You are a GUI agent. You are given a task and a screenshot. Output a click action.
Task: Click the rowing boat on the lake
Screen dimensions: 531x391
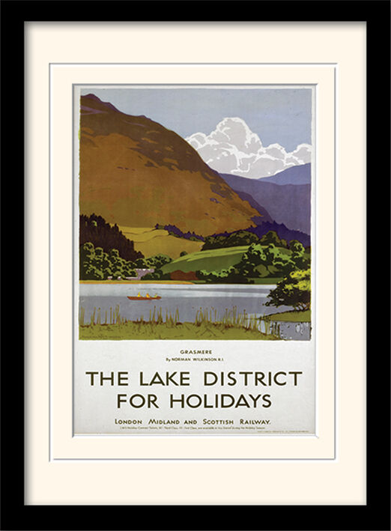pyautogui.click(x=144, y=297)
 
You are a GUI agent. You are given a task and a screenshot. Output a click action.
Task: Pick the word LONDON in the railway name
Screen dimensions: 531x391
pyautogui.click(x=129, y=422)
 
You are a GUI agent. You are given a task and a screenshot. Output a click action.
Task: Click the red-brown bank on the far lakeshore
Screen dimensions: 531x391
pyautogui.click(x=184, y=276)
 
